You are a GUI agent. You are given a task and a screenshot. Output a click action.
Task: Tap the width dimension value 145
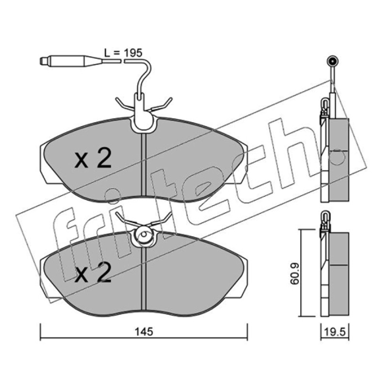[144, 332]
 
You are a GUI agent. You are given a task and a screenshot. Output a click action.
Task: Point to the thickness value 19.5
[335, 332]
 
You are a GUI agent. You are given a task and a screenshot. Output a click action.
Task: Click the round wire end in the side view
[332, 61]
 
